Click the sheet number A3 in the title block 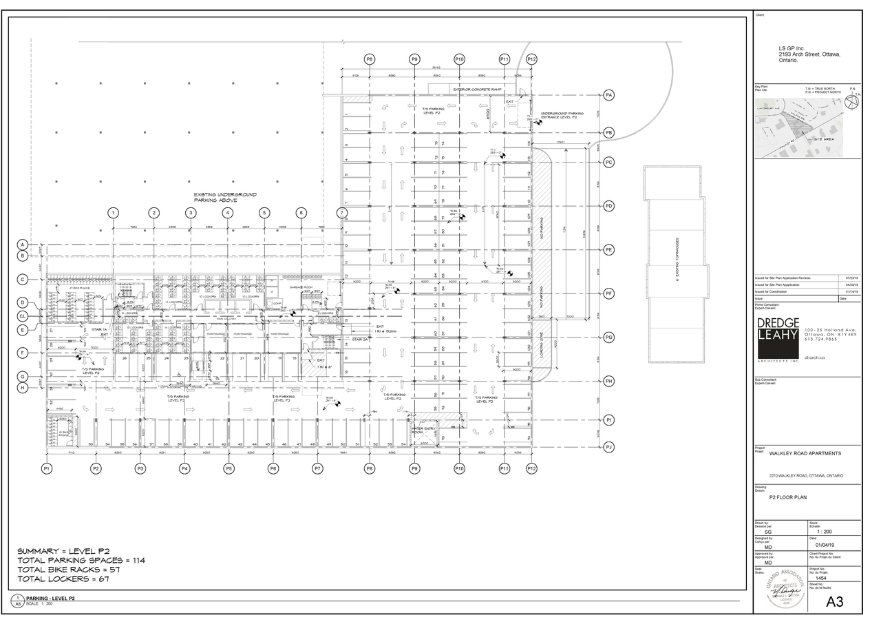[x=834, y=601]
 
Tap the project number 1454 [x=820, y=578]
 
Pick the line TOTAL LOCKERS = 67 [x=63, y=579]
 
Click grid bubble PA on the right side [x=608, y=94]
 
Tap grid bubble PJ [x=608, y=448]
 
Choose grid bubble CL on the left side [x=23, y=316]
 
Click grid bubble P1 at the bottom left [x=47, y=468]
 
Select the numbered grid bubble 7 [x=341, y=213]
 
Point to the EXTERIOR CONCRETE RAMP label [x=477, y=90]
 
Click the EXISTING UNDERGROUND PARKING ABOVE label [x=215, y=197]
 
